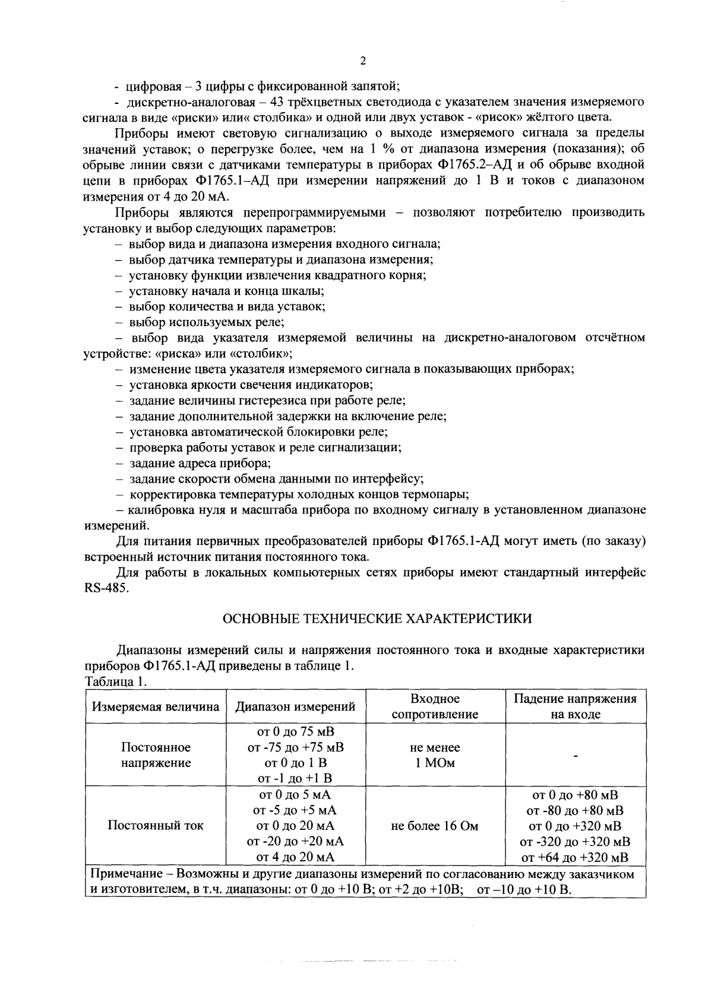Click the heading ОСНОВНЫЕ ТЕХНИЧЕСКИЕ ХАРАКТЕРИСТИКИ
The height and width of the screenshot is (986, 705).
pos(377,619)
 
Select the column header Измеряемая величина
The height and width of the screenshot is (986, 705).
pos(155,706)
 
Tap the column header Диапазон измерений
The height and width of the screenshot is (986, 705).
pos(295,706)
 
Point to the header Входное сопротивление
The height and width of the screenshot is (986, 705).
pos(435,706)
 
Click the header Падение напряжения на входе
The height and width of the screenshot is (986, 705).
pos(575,706)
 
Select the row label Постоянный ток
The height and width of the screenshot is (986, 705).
pos(155,826)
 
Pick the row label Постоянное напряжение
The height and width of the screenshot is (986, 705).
pos(156,755)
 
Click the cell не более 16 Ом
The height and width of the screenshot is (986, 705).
pos(435,826)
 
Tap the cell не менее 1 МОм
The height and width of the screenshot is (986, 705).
pos(435,755)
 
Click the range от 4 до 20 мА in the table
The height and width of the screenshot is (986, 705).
pos(295,857)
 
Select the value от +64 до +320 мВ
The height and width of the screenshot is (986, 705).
pos(575,857)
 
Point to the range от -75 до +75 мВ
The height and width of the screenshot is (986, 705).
pos(295,747)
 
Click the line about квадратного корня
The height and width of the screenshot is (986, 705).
pos(271,275)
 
